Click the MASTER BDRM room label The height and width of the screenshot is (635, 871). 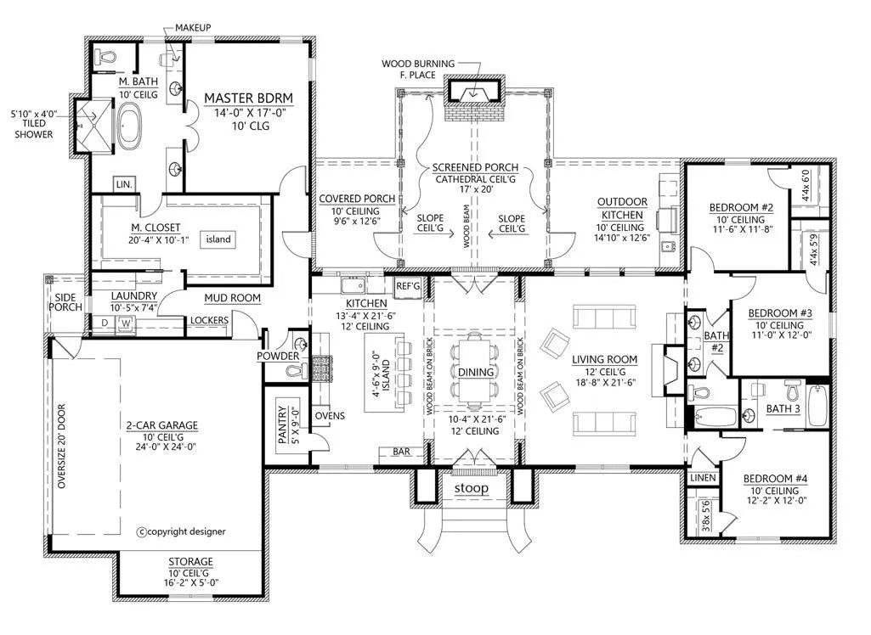click(x=248, y=98)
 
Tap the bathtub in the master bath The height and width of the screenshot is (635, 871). click(x=129, y=123)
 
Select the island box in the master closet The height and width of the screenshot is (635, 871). click(x=218, y=239)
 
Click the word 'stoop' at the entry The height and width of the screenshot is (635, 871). click(x=472, y=488)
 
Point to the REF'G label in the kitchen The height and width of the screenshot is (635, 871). click(x=408, y=286)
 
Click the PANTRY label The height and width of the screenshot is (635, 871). click(x=283, y=424)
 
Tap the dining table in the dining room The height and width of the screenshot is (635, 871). click(x=476, y=371)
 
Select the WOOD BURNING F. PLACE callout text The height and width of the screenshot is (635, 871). click(x=418, y=70)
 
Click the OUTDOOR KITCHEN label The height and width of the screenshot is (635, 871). click(x=622, y=208)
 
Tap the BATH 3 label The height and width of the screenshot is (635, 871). click(x=783, y=408)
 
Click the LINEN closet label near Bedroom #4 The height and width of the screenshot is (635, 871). click(x=703, y=477)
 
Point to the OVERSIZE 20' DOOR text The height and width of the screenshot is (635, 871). click(x=61, y=447)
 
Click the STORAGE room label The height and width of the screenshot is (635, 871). click(x=190, y=561)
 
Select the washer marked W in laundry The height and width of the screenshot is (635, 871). click(x=126, y=323)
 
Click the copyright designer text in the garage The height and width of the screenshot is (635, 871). click(x=181, y=531)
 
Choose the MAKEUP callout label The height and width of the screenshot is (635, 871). click(x=193, y=27)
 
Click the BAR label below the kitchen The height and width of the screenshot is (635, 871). click(x=401, y=452)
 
